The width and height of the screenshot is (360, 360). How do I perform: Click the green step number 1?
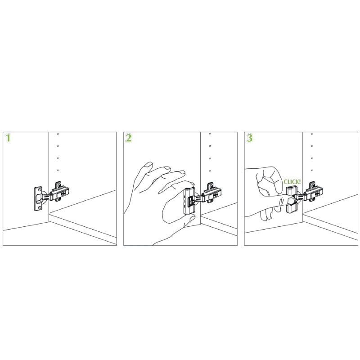pos(8,138)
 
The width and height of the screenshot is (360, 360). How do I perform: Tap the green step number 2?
pos(129,138)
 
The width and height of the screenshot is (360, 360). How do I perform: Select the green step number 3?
pos(250,138)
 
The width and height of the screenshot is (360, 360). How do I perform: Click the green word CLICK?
pos(292,182)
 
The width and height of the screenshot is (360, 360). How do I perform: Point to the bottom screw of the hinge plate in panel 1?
pos(40,208)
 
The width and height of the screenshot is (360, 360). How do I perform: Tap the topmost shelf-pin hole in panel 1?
pos(58,134)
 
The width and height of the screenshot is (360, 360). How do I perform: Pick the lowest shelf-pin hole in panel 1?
pos(58,171)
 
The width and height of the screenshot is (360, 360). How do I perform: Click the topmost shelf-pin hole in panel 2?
pos(210,134)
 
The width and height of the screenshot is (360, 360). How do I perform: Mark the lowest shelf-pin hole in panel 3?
pos(312,171)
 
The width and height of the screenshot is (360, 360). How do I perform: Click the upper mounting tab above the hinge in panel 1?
pos(58,185)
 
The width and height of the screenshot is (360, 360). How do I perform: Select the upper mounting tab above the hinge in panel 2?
pos(210,185)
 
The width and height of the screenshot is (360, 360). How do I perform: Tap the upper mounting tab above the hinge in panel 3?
pos(312,185)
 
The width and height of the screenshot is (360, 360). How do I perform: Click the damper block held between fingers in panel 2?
pos(189,201)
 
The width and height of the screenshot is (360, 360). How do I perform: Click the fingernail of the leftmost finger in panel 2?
pos(149,165)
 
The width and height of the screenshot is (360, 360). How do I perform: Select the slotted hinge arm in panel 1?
pos(48,197)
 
